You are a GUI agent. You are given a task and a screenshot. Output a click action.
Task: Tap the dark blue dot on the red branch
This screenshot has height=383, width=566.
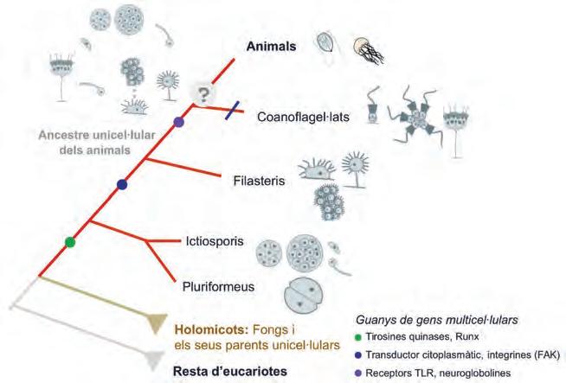point(122,183)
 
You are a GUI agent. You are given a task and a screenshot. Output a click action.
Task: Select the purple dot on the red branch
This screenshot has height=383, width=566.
point(179,124)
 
